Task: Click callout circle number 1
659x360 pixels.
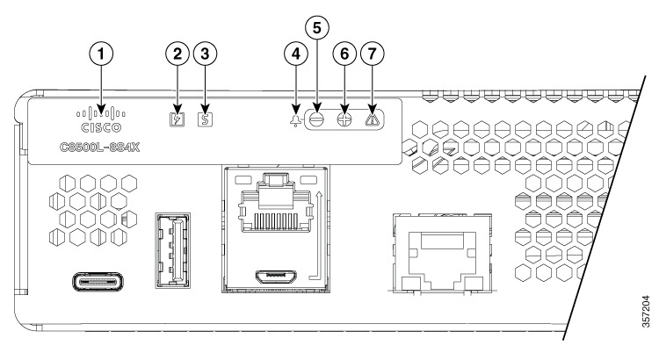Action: tap(103, 54)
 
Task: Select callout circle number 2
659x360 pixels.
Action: tap(178, 54)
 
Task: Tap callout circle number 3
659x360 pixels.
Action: tap(206, 54)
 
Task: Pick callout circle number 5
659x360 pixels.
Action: tap(317, 26)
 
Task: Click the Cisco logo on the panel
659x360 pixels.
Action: tap(101, 118)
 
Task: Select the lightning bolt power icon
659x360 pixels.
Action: tap(178, 117)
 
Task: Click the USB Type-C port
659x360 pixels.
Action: tap(98, 284)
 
